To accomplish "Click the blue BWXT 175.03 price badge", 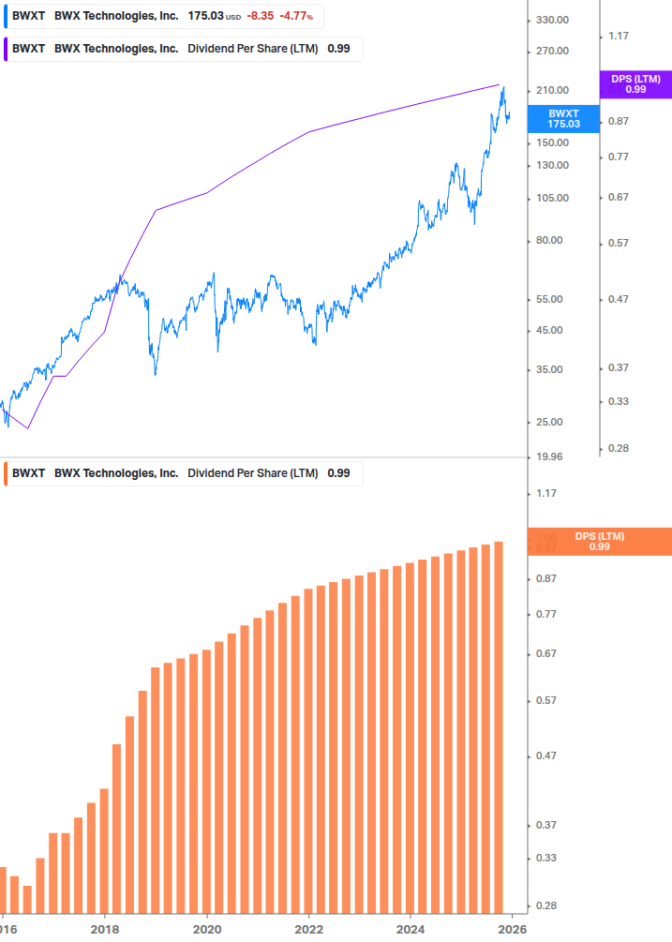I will (x=563, y=118).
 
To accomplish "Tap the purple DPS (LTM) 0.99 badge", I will (x=635, y=84).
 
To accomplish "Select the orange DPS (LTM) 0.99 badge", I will (x=600, y=542).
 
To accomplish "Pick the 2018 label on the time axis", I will (x=104, y=930).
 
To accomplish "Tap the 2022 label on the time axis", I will (x=308, y=930).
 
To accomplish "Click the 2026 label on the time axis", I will (x=511, y=930).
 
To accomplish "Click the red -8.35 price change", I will (x=260, y=16).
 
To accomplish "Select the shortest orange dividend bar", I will (x=27, y=899).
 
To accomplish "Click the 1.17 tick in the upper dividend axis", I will (x=618, y=36).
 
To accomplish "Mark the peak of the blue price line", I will (x=503, y=88).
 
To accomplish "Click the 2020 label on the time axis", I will (x=206, y=930).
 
